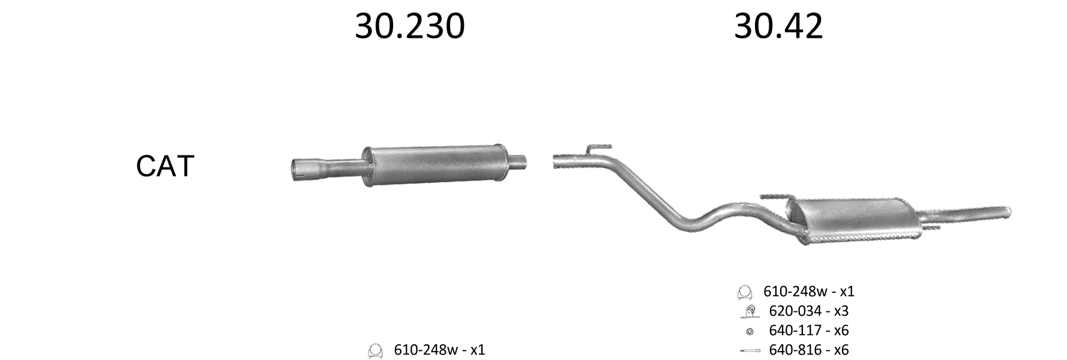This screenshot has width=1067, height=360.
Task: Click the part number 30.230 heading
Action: click(x=410, y=26)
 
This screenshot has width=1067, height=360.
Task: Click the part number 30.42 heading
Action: click(x=778, y=26)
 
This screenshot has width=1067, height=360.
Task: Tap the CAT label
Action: click(x=165, y=166)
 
